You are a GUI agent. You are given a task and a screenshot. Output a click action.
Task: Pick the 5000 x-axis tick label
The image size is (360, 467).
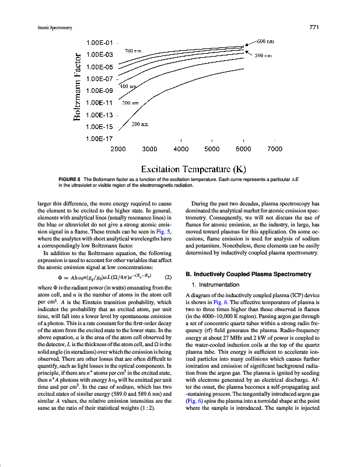[212, 149]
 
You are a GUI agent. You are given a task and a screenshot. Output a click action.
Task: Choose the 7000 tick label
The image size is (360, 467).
[274, 149]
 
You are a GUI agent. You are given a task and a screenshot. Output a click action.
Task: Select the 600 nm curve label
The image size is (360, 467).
[265, 41]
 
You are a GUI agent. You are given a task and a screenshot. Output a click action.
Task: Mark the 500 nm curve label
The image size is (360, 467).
[264, 56]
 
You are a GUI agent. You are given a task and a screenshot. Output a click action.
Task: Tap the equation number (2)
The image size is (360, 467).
[168, 277]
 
